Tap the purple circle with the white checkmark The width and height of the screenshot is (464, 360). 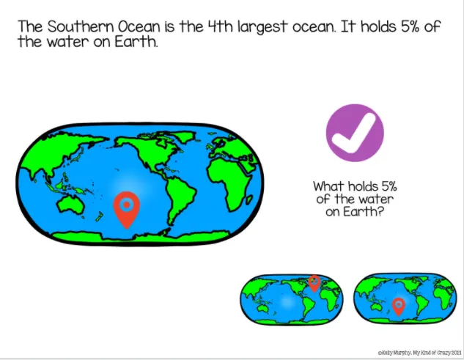355,133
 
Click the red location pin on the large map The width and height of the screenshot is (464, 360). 128,208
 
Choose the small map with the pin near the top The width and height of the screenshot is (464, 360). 292,299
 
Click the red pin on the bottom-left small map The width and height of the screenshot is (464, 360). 314,282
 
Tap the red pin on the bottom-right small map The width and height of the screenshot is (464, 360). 398,306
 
